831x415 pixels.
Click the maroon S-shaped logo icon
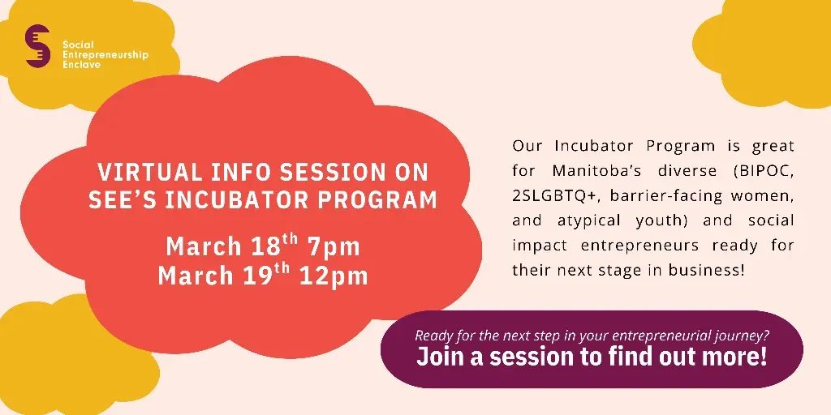click(x=37, y=46)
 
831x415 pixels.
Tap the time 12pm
click(x=334, y=276)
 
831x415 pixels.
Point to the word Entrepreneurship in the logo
click(x=105, y=55)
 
